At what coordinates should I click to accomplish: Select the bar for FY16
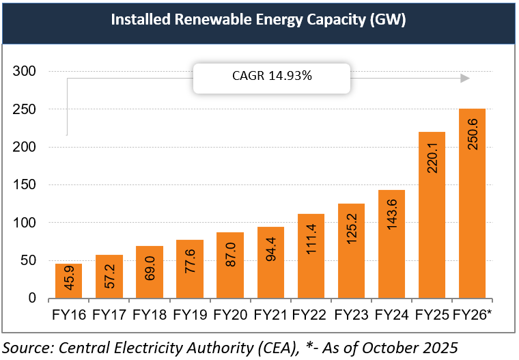68,281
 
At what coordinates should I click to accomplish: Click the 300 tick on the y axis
24,72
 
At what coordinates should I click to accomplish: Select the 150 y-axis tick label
24,185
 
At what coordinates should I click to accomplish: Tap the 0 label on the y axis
31,299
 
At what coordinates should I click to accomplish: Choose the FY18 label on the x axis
149,315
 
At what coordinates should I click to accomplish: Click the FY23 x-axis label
350,315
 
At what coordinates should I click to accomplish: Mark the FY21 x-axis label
270,315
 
